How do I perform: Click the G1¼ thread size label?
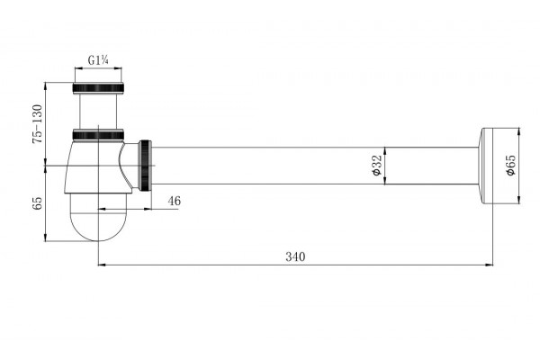tap(98, 60)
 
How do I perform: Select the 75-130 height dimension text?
tap(37, 124)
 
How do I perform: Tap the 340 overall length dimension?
tap(295, 256)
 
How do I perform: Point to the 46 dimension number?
tap(175, 201)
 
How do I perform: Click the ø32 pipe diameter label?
tap(377, 166)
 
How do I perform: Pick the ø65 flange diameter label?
tap(510, 166)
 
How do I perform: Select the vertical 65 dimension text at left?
tap(37, 203)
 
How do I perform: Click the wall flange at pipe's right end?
tap(485, 166)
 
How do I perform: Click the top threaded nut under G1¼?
tap(98, 88)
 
